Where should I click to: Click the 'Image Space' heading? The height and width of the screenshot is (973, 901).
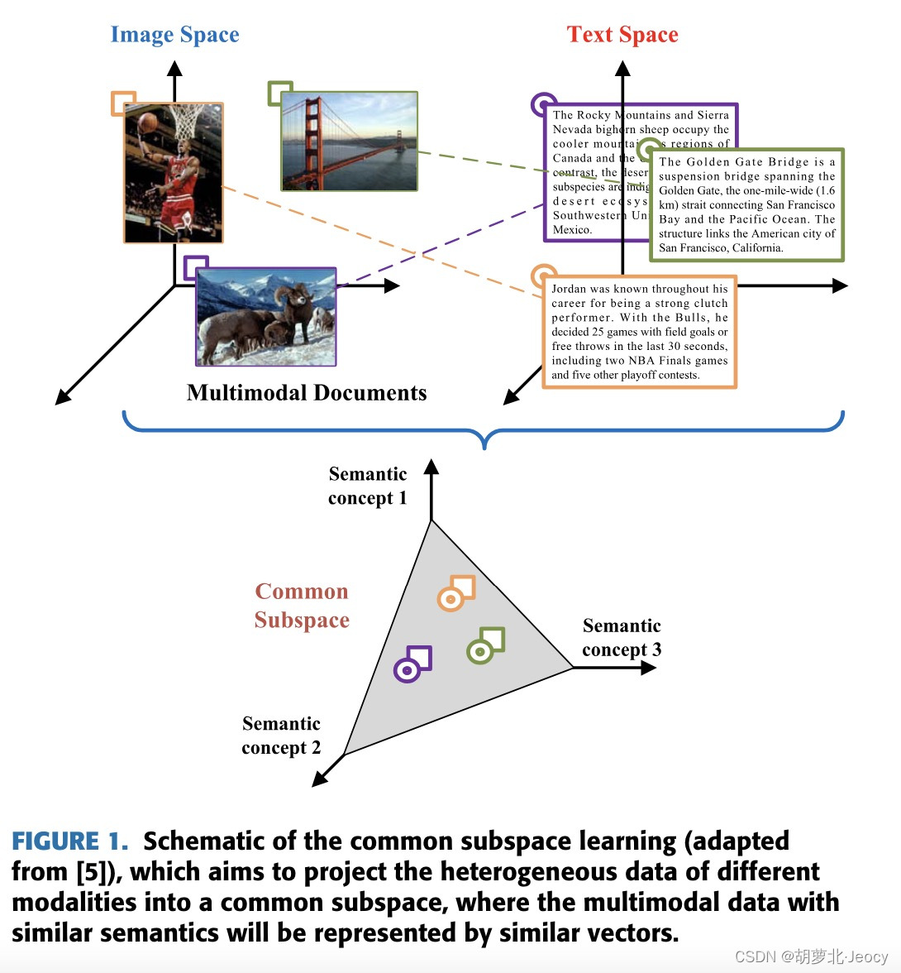pyautogui.click(x=174, y=35)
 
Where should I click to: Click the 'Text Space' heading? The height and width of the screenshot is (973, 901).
pyautogui.click(x=622, y=35)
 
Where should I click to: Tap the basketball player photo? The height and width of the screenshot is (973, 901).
pyautogui.click(x=174, y=173)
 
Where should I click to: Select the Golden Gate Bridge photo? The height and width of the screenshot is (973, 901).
pyautogui.click(x=349, y=141)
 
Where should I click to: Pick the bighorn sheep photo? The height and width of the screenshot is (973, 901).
pyautogui.click(x=265, y=316)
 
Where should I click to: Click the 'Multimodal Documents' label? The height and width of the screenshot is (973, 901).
pyautogui.click(x=307, y=393)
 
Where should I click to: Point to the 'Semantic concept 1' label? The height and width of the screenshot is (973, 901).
pyautogui.click(x=368, y=486)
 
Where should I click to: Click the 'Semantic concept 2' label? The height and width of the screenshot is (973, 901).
pyautogui.click(x=281, y=736)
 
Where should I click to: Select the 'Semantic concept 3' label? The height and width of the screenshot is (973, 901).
pyautogui.click(x=622, y=638)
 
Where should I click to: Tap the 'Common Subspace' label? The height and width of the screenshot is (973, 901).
pyautogui.click(x=302, y=606)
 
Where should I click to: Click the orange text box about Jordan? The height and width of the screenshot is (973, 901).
pyautogui.click(x=639, y=332)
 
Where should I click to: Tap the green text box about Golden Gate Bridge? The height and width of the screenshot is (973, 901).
pyautogui.click(x=746, y=205)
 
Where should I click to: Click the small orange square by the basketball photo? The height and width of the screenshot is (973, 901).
pyautogui.click(x=123, y=103)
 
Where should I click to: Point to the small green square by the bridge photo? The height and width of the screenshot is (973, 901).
pyautogui.click(x=280, y=93)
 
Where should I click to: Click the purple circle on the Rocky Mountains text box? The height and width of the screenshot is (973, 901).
pyautogui.click(x=542, y=105)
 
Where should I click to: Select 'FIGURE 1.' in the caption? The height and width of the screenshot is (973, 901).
pyautogui.click(x=70, y=841)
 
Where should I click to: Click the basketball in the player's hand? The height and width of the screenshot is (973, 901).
pyautogui.click(x=147, y=122)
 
